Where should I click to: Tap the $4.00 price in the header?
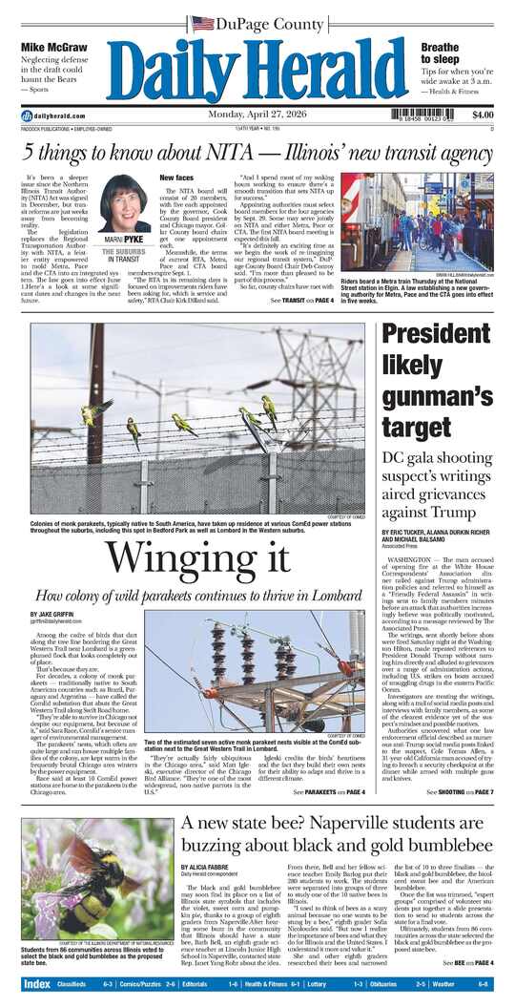[x=483, y=115]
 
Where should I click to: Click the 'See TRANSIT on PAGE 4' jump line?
[x=302, y=302]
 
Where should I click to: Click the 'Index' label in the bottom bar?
[x=36, y=984]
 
